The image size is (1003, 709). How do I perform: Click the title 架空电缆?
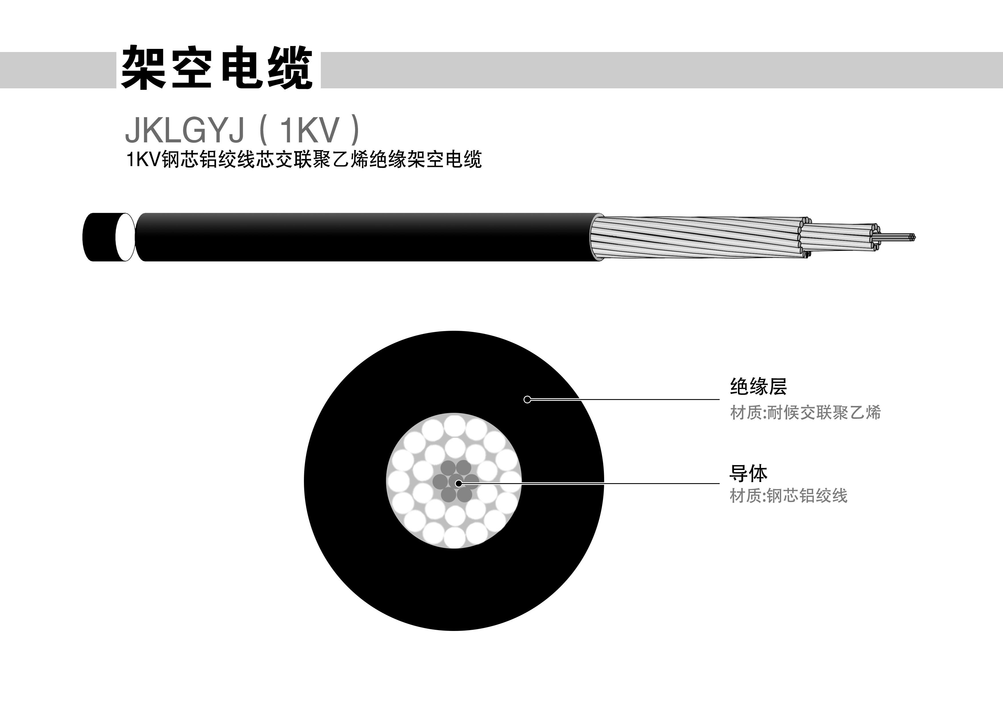(217, 69)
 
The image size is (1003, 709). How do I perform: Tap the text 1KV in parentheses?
(309, 131)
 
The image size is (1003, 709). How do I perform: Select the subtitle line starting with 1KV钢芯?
(304, 160)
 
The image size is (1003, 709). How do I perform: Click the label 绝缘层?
(758, 387)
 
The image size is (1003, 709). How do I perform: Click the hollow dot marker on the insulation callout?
(527, 399)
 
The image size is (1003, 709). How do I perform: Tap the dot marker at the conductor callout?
(458, 483)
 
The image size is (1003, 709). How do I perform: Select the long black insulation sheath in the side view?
(363, 237)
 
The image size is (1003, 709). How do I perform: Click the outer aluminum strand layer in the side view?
(699, 237)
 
